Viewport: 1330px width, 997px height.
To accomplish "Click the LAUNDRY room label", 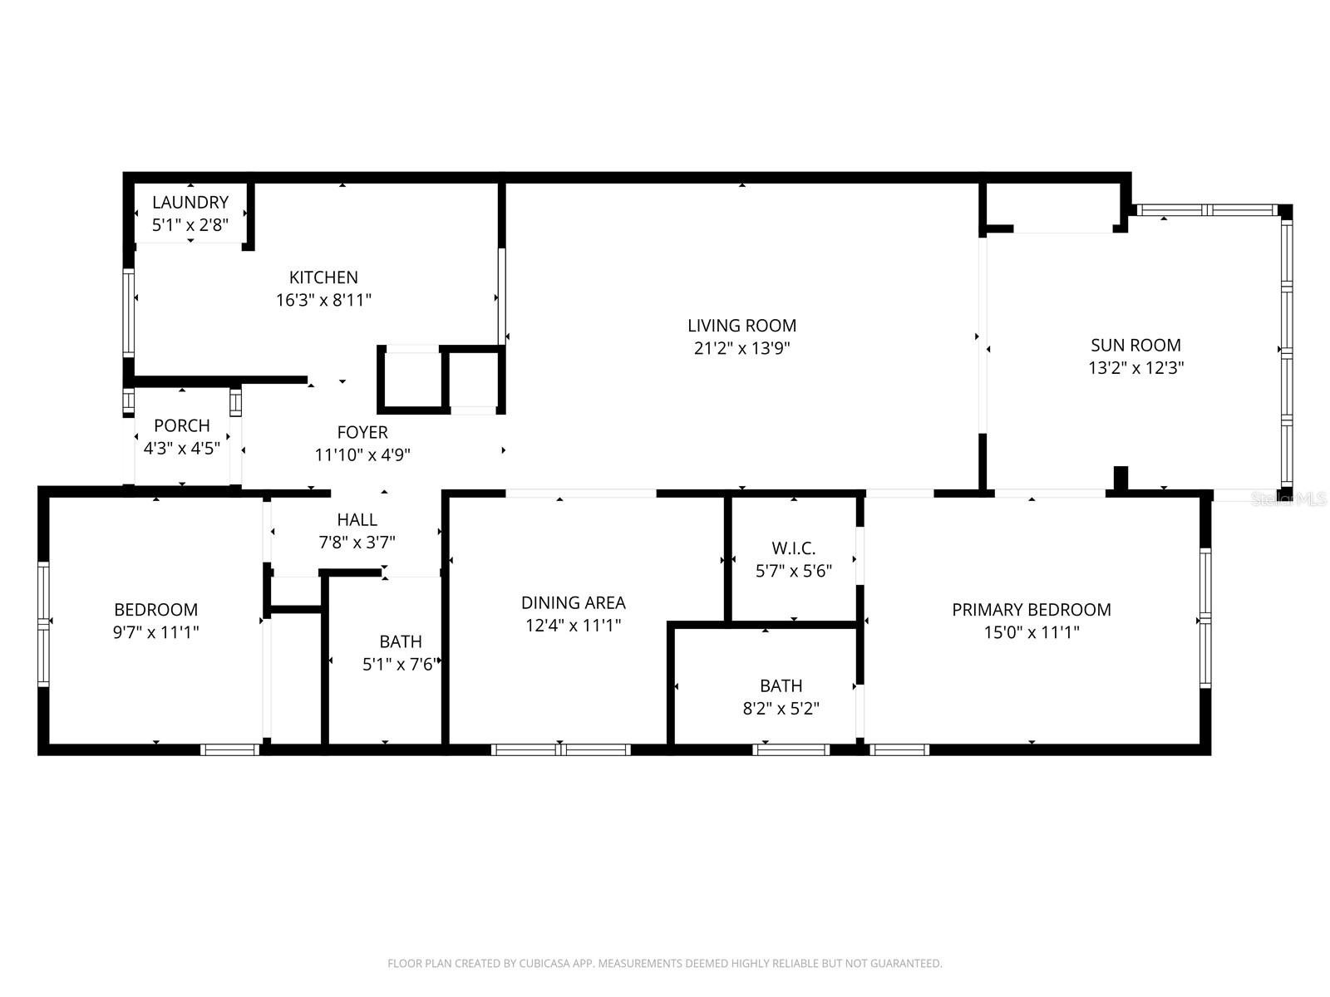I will [x=190, y=202].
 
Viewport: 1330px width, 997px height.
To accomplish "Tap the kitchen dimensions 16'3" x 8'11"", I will [x=323, y=300].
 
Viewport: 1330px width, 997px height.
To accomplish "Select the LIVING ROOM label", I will [x=741, y=326].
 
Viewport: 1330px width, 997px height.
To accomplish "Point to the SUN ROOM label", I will [x=1135, y=345].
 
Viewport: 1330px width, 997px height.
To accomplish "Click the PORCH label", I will [x=182, y=425].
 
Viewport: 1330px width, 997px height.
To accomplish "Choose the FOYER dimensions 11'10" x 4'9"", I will [x=362, y=454].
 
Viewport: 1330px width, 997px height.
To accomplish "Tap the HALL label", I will [x=357, y=519].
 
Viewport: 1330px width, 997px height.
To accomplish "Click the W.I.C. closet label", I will [x=794, y=548].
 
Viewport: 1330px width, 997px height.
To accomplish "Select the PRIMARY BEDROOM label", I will [x=1031, y=610].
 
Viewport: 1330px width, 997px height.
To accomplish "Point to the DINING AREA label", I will [x=573, y=602].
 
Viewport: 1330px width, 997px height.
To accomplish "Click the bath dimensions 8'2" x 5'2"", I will [x=781, y=709].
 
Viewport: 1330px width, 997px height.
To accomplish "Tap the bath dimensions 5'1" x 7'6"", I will [x=400, y=664].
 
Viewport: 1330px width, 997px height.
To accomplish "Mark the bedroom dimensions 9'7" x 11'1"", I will [x=156, y=632].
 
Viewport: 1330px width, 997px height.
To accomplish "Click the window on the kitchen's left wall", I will [x=129, y=312].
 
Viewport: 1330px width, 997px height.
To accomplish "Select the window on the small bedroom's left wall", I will [x=43, y=623].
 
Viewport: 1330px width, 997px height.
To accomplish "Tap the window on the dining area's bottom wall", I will [x=561, y=749].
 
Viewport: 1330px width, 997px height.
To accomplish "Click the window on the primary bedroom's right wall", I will [x=1204, y=616].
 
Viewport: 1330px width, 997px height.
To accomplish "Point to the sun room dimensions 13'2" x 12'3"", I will [x=1135, y=367].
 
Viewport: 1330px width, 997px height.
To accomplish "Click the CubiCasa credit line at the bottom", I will [x=664, y=964].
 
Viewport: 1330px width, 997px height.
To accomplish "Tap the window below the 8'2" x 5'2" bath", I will [x=791, y=749].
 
